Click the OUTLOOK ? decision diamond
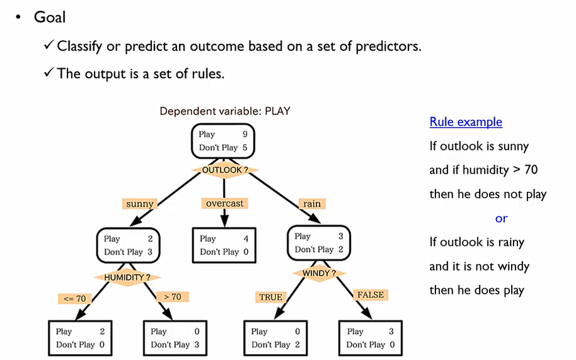click(224, 170)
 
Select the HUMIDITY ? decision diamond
click(127, 277)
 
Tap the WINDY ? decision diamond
click(319, 273)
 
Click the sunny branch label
click(140, 204)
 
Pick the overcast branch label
click(224, 204)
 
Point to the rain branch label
click(312, 204)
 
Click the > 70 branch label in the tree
click(172, 296)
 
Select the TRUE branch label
click(271, 297)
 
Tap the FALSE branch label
click(370, 294)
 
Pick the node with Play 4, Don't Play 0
click(224, 245)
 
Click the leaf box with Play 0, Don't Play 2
click(275, 338)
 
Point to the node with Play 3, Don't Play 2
click(319, 243)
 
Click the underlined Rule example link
click(466, 122)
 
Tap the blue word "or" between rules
click(501, 218)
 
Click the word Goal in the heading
click(50, 17)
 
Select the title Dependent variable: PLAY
click(225, 112)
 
